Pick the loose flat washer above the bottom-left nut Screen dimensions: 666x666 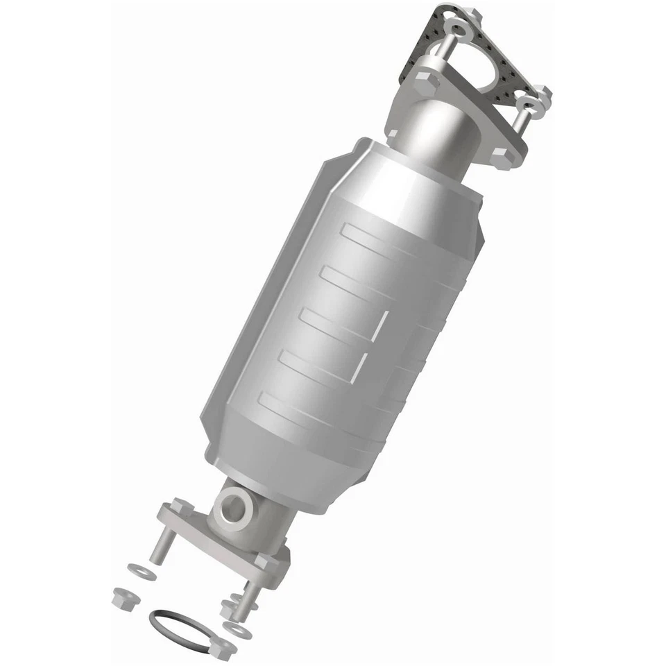pyautogui.click(x=142, y=571)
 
